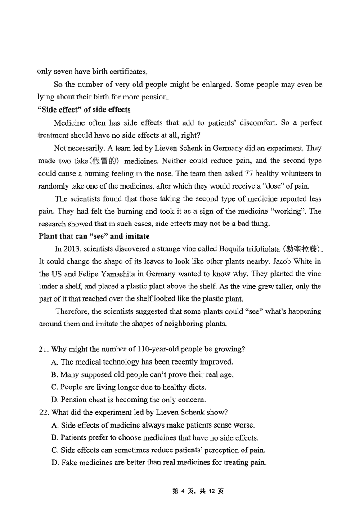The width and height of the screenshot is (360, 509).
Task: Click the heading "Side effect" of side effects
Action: (85, 109)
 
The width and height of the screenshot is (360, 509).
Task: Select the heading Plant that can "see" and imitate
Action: (94, 235)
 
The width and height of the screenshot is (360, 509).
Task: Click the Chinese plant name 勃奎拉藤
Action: (302, 248)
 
